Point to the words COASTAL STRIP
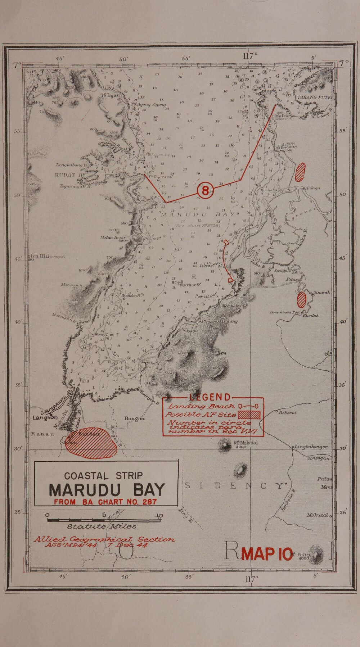[x=103, y=476]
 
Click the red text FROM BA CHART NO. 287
[x=105, y=502]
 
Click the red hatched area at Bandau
[x=91, y=443]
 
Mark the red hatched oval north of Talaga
[x=300, y=172]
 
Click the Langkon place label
[x=45, y=418]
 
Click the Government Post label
[x=286, y=312]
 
